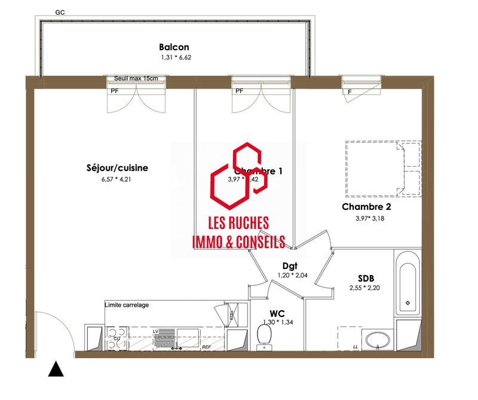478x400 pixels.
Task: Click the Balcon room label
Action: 174,47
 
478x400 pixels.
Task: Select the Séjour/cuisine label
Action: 117,168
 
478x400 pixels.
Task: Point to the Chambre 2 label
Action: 366,207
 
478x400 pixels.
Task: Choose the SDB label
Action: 366,278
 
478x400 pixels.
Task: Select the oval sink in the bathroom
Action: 377,340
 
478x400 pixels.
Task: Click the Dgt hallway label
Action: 290,266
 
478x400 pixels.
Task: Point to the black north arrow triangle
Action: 56,370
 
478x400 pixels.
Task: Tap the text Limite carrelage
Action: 127,305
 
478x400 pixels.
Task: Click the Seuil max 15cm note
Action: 136,78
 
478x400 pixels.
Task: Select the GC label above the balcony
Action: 60,12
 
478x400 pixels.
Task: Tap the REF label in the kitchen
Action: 207,347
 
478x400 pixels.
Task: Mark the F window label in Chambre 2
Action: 350,91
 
